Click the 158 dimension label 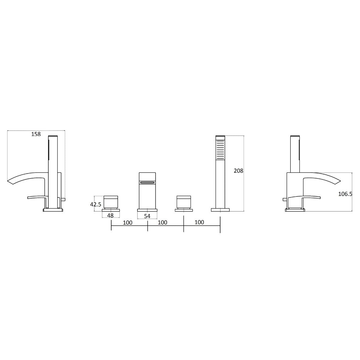tap(36, 134)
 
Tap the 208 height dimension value tap(238, 171)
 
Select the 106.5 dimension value tap(345, 194)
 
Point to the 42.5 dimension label tap(96, 204)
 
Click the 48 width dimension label tap(110, 215)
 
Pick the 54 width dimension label tap(147, 216)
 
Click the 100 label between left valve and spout tap(128, 223)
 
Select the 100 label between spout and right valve tap(163, 222)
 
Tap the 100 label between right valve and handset tap(199, 222)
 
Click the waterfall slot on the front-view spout tap(147, 182)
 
